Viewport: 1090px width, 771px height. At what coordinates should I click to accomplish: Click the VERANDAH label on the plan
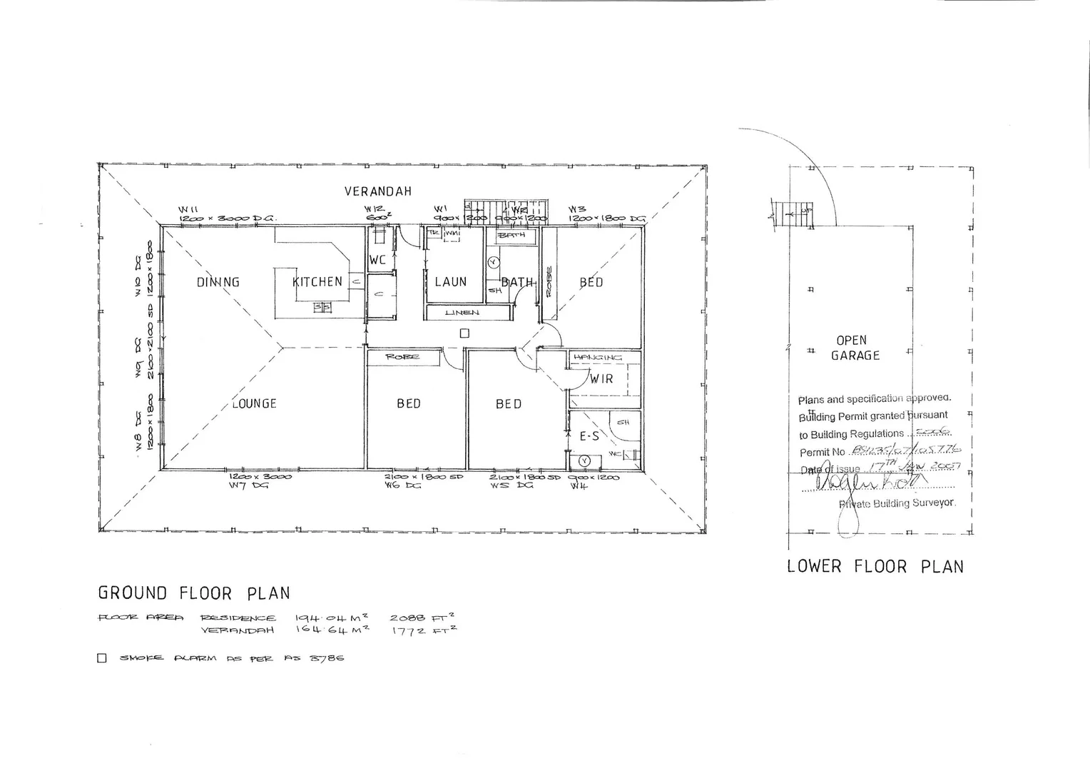[x=377, y=191]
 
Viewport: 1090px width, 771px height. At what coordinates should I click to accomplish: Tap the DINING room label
[x=218, y=282]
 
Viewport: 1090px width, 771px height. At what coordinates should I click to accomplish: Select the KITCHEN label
[x=317, y=282]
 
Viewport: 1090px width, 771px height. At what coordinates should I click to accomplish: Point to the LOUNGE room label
[x=254, y=404]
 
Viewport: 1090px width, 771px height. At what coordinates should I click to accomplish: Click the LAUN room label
[x=451, y=282]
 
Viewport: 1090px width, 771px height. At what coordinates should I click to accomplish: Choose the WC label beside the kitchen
[x=377, y=260]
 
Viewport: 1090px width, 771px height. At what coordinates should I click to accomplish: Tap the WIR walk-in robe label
[x=601, y=379]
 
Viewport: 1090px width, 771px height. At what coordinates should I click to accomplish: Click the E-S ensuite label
[x=589, y=436]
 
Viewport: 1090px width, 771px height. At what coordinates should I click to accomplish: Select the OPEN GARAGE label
[x=854, y=348]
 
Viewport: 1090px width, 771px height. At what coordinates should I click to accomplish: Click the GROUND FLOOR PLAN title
[x=194, y=593]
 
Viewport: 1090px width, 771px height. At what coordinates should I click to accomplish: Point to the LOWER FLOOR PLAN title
[x=875, y=567]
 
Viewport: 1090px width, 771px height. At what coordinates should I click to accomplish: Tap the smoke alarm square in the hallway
[x=464, y=333]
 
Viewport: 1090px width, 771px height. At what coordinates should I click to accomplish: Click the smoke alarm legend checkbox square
[x=102, y=658]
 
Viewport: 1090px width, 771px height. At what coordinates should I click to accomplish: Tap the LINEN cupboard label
[x=462, y=313]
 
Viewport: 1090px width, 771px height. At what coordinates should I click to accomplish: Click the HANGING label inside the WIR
[x=598, y=357]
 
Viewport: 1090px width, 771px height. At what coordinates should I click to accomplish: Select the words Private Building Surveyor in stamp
[x=897, y=503]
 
